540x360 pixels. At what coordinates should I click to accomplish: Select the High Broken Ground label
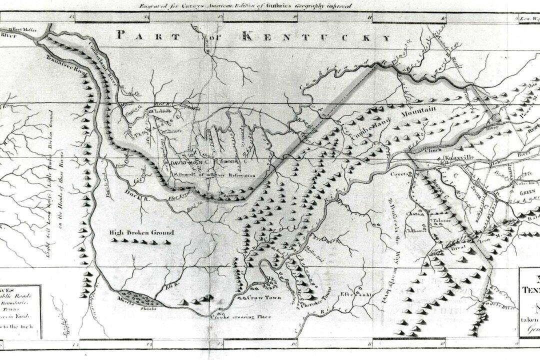[142, 232]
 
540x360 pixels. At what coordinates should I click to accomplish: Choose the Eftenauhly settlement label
[357, 294]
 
